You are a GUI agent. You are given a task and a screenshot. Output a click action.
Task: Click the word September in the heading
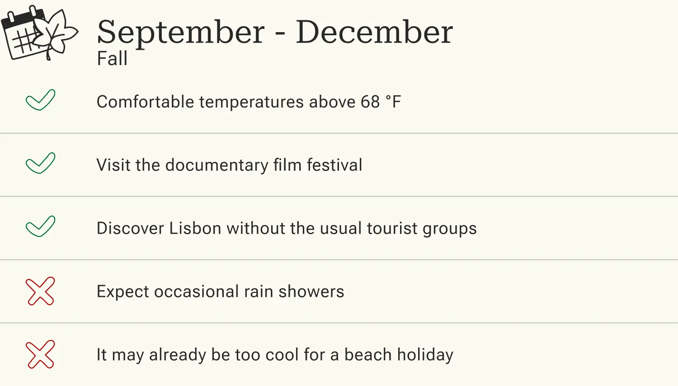(181, 33)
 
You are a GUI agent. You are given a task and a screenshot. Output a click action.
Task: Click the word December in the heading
(374, 33)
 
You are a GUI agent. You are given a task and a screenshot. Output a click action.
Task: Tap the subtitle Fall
(112, 59)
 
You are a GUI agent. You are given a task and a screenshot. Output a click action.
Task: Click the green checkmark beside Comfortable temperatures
(40, 100)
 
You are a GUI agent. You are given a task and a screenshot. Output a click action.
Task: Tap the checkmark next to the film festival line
(40, 163)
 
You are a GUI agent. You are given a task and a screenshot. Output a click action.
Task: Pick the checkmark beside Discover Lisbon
(40, 226)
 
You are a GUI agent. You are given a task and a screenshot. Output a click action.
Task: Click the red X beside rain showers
(40, 291)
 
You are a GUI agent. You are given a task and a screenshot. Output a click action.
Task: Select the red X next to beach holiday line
(40, 354)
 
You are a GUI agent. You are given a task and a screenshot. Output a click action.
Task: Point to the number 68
(370, 102)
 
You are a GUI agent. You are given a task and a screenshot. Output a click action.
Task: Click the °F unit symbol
(393, 102)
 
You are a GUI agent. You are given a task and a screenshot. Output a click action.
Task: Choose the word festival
(334, 165)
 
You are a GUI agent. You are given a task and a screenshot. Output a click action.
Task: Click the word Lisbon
(195, 229)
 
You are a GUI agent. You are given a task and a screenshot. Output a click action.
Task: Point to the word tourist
(392, 229)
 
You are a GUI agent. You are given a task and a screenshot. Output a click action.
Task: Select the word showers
(311, 292)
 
